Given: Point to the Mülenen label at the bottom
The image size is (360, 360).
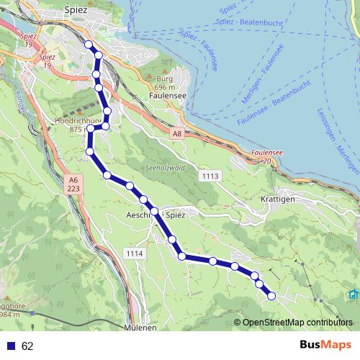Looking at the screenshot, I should coord(141,328).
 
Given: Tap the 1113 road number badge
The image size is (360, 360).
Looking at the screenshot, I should coord(211,176).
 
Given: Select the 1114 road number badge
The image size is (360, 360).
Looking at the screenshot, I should coord(135,254).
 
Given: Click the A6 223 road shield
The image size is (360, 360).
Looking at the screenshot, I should coord(73,184).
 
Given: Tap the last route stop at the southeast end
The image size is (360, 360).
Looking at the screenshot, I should coord(271,295).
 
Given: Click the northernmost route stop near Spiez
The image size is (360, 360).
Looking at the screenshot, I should coord(89,45).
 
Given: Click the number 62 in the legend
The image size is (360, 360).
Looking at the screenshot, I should coord(27,346).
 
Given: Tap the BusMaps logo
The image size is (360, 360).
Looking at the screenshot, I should coord(325,346).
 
